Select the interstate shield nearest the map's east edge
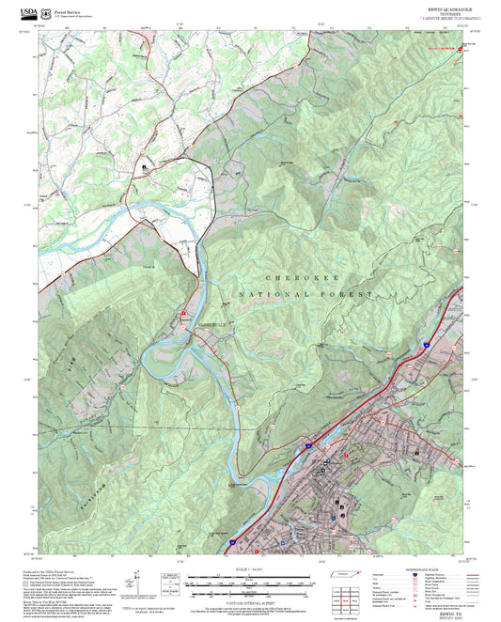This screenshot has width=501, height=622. (x=425, y=345)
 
